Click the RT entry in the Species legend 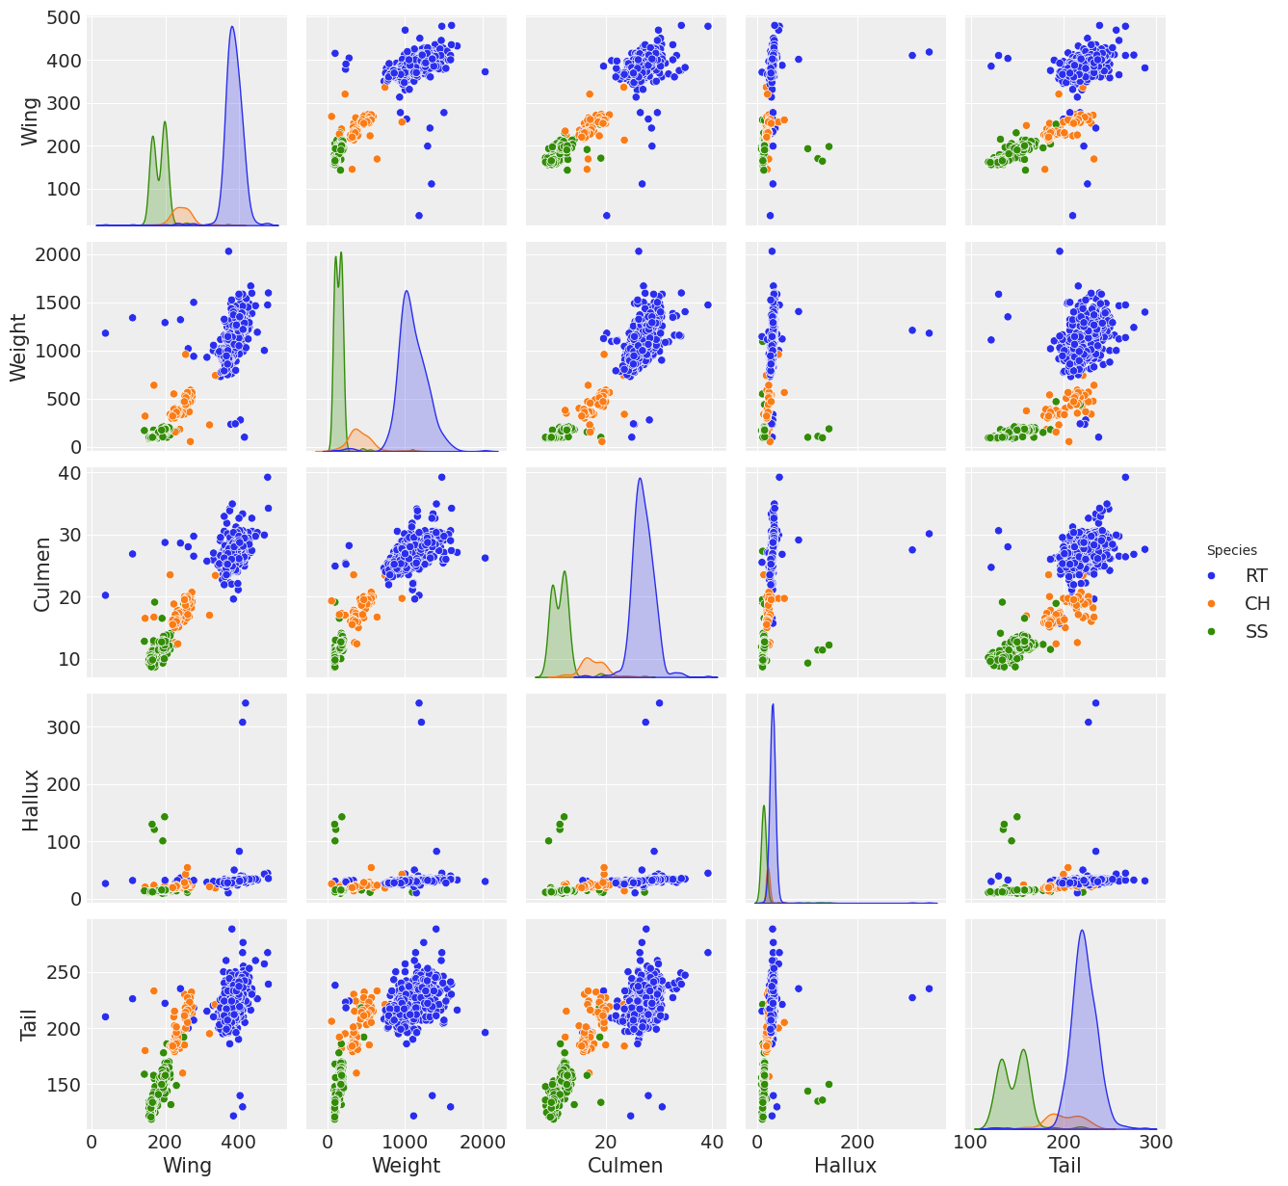point(1255,576)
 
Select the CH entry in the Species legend point(1256,604)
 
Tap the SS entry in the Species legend point(1255,632)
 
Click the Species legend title point(1231,550)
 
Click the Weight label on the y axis point(20,346)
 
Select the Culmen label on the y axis point(41,575)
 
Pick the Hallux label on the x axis point(845,1166)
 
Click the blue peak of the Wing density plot point(232,27)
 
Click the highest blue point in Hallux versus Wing point(245,702)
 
